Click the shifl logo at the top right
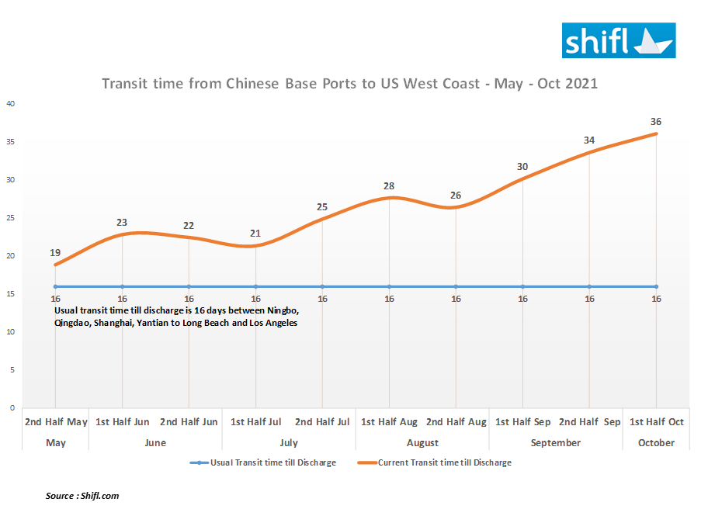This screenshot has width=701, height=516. [619, 40]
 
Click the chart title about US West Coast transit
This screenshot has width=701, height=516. [349, 83]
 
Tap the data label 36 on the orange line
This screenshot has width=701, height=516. [656, 122]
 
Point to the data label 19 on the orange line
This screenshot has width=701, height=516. [56, 253]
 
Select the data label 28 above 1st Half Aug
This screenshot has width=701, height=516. [389, 186]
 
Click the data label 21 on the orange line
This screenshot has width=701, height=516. [255, 234]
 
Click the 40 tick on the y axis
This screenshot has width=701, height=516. [11, 104]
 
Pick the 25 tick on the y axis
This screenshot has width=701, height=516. [11, 218]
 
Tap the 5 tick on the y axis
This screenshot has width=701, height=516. [12, 370]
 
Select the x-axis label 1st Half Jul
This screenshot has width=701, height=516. [255, 422]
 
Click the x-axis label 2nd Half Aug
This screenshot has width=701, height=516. [456, 422]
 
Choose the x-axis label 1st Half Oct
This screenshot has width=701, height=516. [656, 422]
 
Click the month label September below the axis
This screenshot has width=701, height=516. [555, 443]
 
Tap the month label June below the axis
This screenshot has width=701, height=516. [155, 443]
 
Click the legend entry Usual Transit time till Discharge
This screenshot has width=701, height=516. [268, 462]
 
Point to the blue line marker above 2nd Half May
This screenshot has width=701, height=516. [56, 287]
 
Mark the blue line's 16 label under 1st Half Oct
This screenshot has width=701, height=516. [656, 299]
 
